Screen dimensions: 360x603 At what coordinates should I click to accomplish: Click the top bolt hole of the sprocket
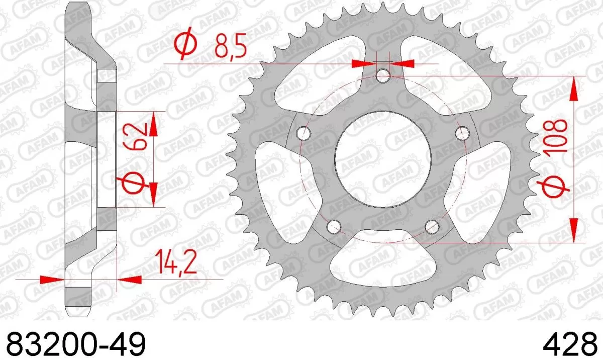tap(383, 76)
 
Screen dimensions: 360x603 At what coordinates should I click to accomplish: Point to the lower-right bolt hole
tap(431, 226)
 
